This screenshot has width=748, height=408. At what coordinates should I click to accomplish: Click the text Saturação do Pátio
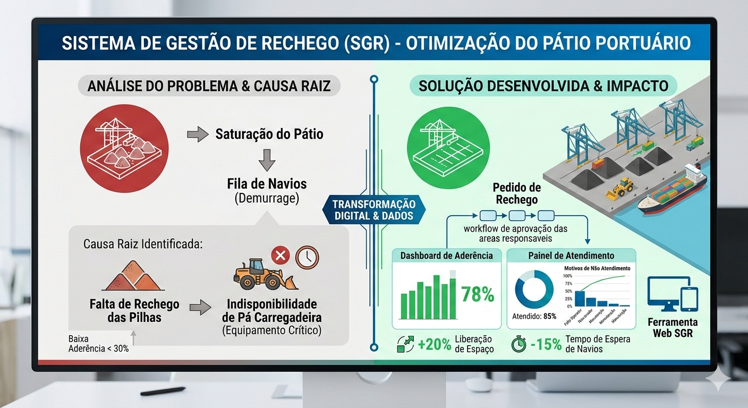[x=269, y=134]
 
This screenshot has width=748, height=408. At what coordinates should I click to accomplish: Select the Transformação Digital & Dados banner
[x=374, y=210]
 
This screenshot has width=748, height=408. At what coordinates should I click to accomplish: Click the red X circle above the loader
[x=280, y=256]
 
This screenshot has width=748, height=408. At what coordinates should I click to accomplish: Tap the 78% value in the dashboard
[x=478, y=294]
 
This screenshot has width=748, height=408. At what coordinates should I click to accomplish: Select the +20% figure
[x=434, y=344]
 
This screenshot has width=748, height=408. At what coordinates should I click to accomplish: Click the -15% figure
[x=546, y=344]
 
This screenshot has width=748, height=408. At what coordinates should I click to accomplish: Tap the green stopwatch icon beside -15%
[x=519, y=344]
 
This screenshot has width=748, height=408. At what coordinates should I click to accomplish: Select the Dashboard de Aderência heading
[x=447, y=256]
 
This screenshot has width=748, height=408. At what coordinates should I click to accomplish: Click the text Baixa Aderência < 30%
[x=98, y=344]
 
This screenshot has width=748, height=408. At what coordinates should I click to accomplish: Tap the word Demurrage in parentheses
[x=267, y=199]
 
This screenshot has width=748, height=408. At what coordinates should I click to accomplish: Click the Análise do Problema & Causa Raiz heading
[x=209, y=86]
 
